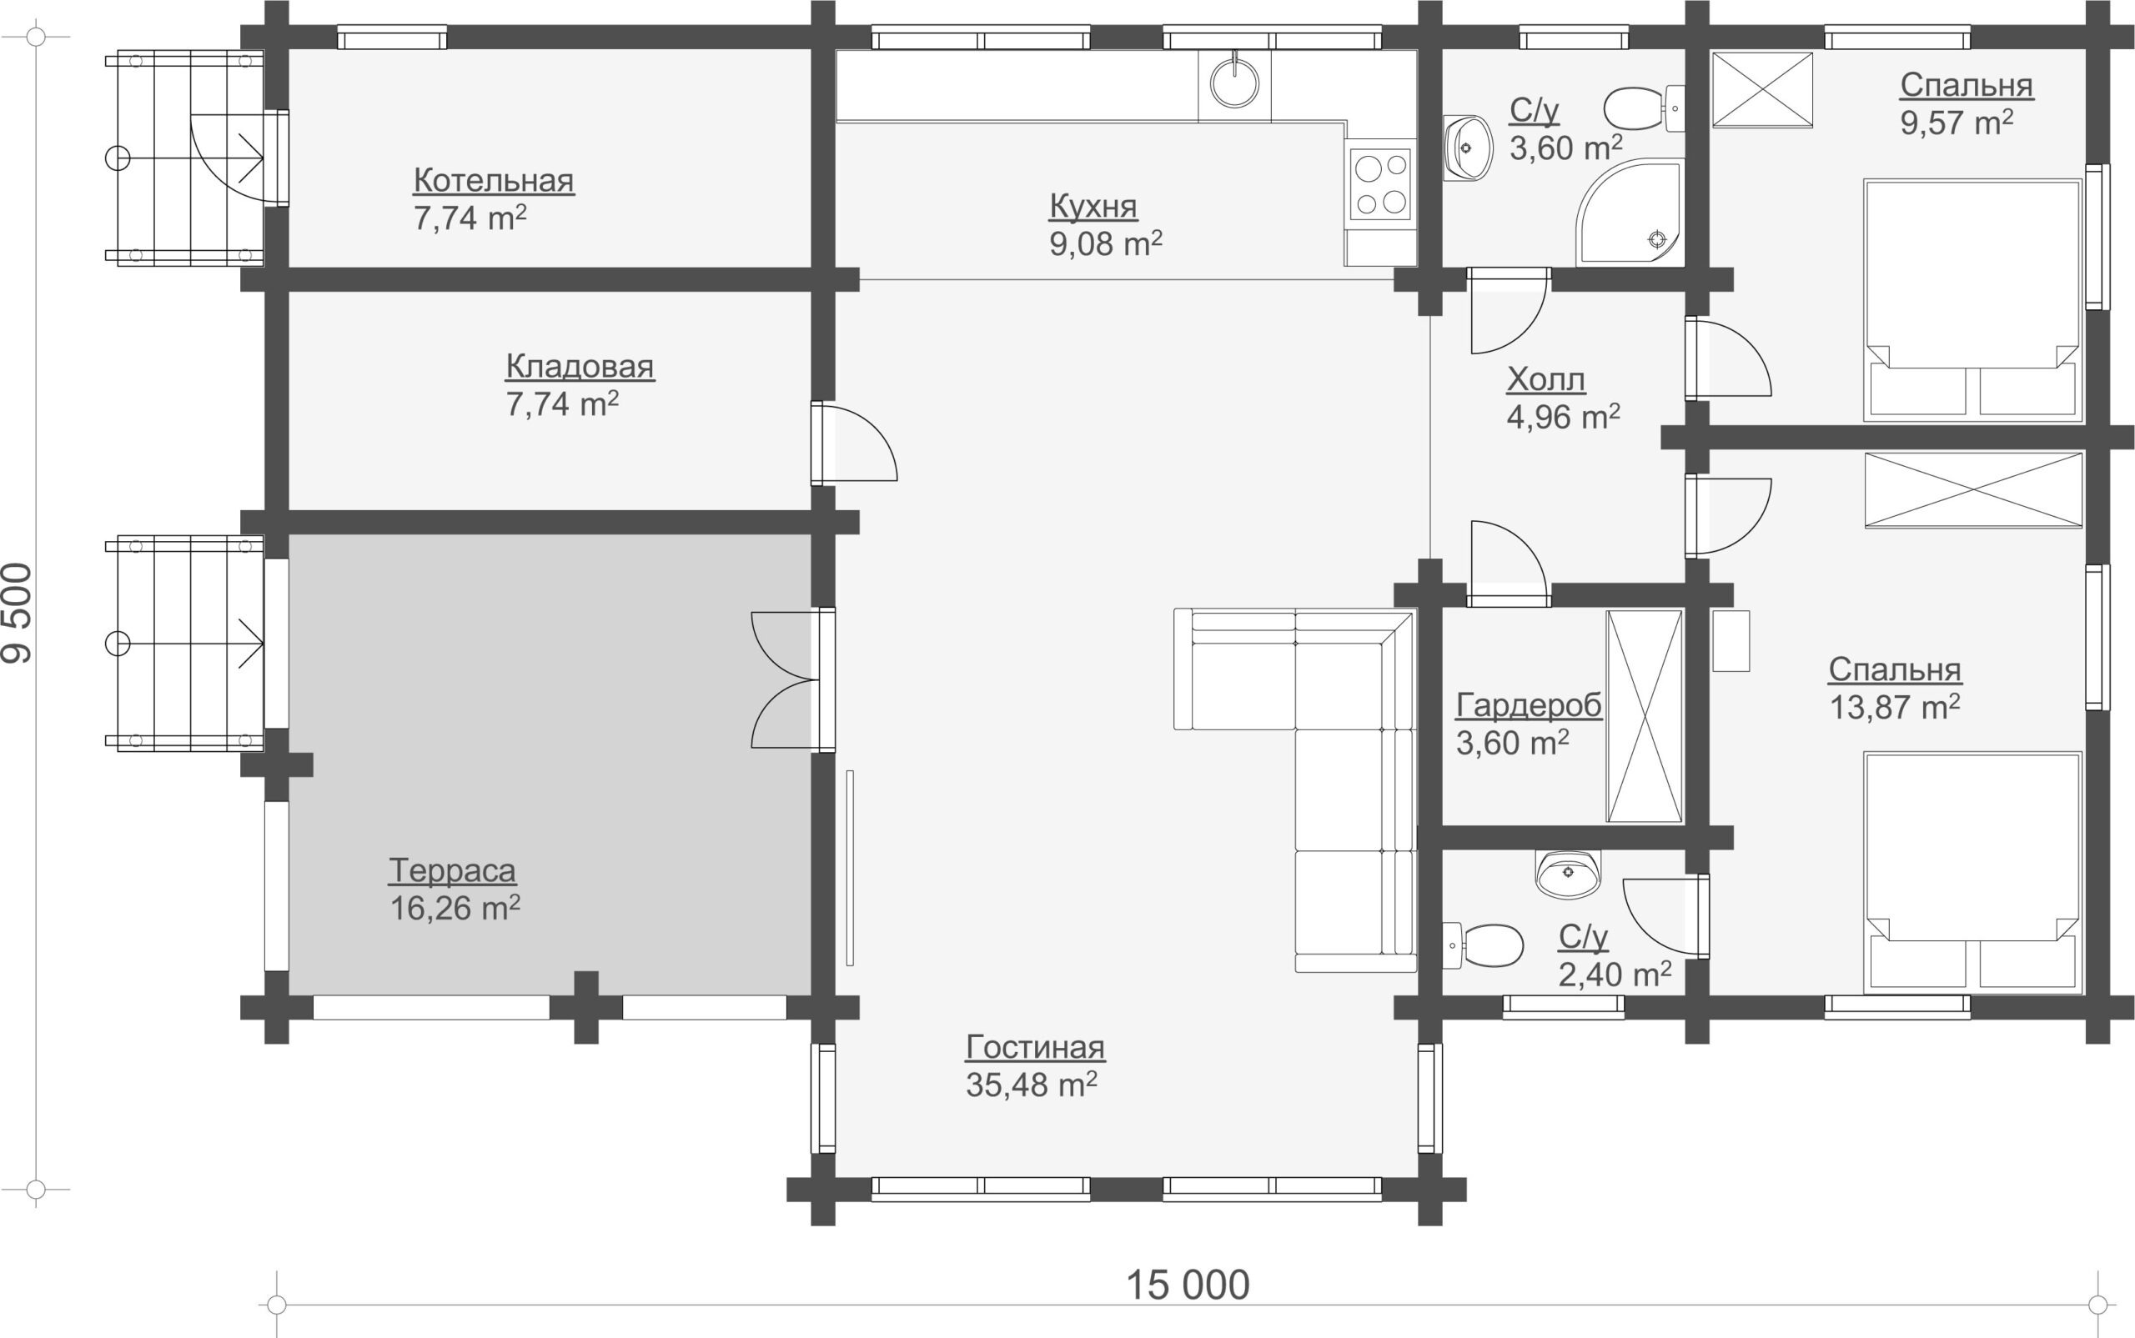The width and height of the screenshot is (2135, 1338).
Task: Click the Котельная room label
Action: [493, 181]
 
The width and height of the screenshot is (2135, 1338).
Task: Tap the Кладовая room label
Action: [580, 365]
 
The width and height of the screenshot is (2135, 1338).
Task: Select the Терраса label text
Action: [452, 871]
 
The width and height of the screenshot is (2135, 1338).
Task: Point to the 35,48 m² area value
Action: [1031, 1085]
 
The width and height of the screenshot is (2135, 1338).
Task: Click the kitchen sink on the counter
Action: [1234, 83]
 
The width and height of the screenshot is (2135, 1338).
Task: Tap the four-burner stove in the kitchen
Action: [1381, 184]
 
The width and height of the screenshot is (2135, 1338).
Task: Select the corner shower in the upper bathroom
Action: [1630, 213]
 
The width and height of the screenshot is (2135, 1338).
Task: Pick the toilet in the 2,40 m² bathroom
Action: [1483, 945]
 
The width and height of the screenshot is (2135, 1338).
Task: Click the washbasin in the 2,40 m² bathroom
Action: [1568, 874]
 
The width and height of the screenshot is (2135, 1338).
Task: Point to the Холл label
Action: [1545, 379]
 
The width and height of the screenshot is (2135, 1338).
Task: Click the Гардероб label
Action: [1529, 705]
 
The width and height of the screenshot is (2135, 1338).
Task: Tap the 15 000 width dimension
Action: [1187, 1285]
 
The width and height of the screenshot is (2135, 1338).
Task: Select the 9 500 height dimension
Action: [18, 613]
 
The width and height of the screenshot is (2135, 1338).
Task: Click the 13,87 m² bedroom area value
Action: [1894, 707]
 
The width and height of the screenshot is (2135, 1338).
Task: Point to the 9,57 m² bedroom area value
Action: [1957, 122]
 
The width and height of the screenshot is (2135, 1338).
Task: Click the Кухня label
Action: [1093, 206]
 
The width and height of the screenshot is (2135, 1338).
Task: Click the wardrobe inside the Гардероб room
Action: [1645, 716]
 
